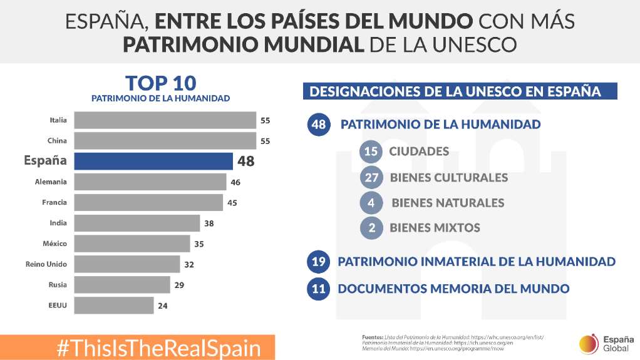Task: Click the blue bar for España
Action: pos(153,161)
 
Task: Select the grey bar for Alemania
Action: pos(150,182)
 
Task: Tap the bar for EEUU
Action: pos(113,306)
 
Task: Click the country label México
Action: pos(54,244)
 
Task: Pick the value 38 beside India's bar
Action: pos(209,223)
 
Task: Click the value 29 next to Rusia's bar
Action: pos(179,285)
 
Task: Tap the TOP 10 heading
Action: pos(160,83)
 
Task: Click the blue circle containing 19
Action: pos(318,262)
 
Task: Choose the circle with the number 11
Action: pos(318,289)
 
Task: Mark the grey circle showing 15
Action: pos(371,152)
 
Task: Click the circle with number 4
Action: pos(371,203)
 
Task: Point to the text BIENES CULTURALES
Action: pos(448,178)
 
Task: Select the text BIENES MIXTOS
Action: pos(435,228)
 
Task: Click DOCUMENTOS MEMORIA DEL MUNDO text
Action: pos(453,289)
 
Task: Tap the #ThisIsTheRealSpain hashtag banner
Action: pos(158,348)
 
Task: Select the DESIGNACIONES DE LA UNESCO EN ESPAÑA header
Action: pos(460,91)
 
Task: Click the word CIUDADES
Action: pos(419,152)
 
